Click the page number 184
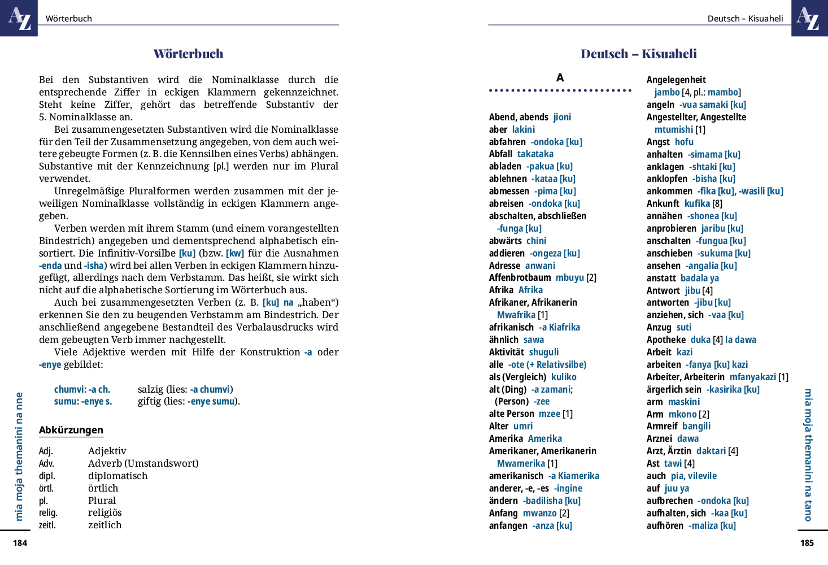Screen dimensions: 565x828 pyautogui.click(x=20, y=543)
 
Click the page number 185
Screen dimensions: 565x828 pyautogui.click(x=807, y=543)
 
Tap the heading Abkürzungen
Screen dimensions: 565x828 pyautogui.click(x=71, y=430)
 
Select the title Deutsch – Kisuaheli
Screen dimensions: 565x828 pyautogui.click(x=638, y=54)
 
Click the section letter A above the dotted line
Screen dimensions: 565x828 pyautogui.click(x=560, y=77)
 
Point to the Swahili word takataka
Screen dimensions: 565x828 pyautogui.click(x=535, y=154)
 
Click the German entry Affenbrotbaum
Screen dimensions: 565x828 pyautogui.click(x=520, y=277)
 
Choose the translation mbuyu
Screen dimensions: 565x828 pyautogui.click(x=570, y=277)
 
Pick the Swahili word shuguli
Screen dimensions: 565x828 pyautogui.click(x=544, y=352)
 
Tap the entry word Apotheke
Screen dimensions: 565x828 pyautogui.click(x=666, y=340)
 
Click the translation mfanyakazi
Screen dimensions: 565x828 pyautogui.click(x=753, y=377)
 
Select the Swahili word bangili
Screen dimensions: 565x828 pyautogui.click(x=696, y=426)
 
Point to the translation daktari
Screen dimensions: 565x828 pyautogui.click(x=711, y=451)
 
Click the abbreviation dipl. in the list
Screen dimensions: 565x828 pyautogui.click(x=47, y=476)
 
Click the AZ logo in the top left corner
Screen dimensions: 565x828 pyautogui.click(x=19, y=18)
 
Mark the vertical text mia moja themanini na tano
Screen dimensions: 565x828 pyautogui.click(x=808, y=455)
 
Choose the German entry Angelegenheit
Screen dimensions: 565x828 pyautogui.click(x=676, y=80)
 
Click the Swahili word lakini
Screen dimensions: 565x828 pyautogui.click(x=524, y=129)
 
